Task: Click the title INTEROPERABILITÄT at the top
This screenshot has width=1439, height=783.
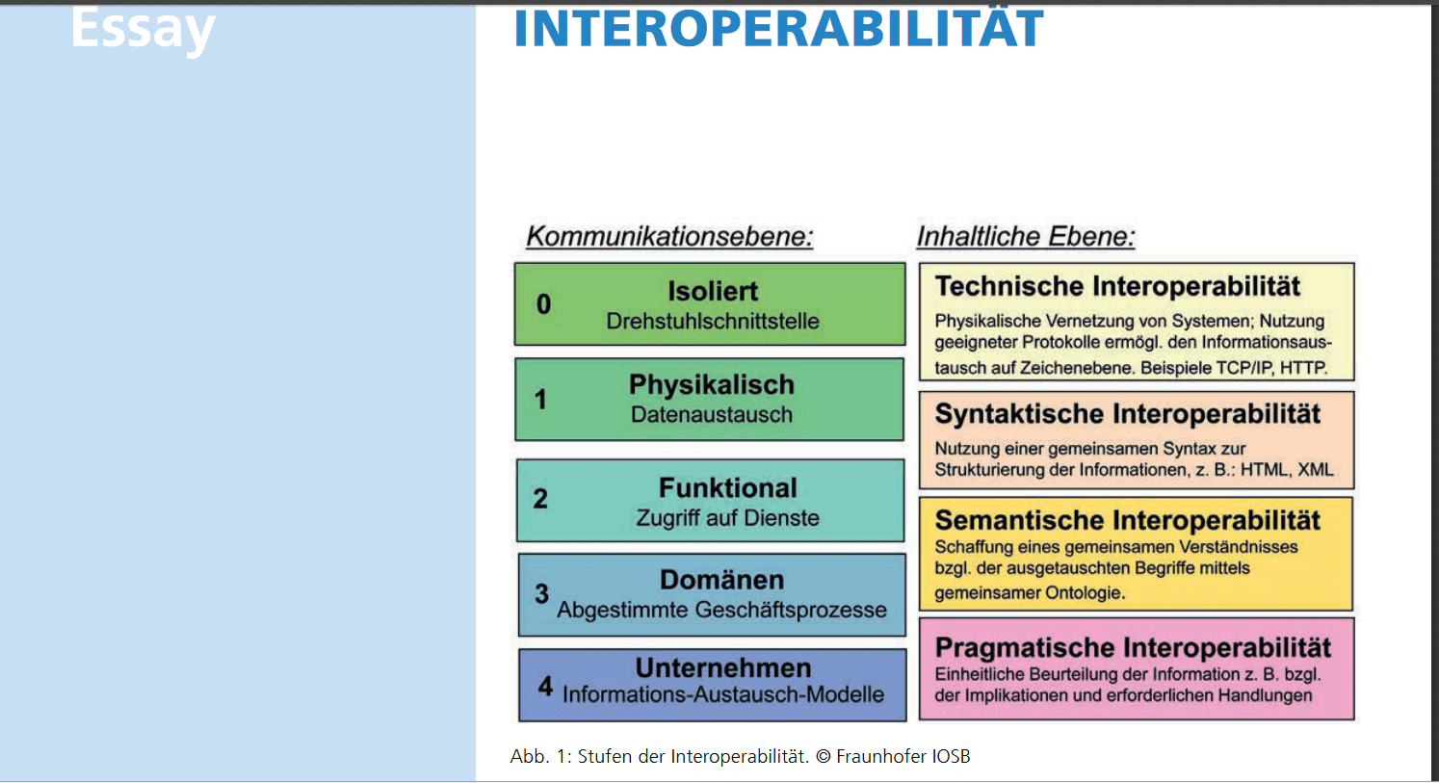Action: [778, 28]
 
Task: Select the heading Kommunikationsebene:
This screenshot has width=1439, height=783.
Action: [669, 236]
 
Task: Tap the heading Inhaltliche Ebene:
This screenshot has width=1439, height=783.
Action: [1026, 236]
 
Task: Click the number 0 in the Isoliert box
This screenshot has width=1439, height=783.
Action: [543, 304]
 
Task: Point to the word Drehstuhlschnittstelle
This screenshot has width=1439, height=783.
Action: [712, 322]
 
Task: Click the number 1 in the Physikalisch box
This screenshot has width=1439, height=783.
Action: [540, 399]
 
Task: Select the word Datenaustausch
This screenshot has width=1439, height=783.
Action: [712, 415]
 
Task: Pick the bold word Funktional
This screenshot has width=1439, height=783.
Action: [727, 487]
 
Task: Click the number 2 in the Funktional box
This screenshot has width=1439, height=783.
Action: [540, 499]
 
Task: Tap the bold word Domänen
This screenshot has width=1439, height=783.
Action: [721, 580]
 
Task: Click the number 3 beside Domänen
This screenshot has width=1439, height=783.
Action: [541, 594]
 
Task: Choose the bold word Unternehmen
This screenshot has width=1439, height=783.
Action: [723, 667]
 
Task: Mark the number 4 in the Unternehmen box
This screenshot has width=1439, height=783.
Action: [545, 686]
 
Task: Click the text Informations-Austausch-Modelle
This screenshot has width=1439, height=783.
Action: [722, 694]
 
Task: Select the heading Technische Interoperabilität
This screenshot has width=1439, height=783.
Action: [1117, 286]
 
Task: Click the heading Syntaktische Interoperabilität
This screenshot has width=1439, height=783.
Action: [1127, 414]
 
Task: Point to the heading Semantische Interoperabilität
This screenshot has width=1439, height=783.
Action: [1127, 520]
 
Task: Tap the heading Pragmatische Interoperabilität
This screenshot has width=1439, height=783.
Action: [1133, 647]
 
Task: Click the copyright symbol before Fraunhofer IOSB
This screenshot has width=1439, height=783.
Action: [823, 757]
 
